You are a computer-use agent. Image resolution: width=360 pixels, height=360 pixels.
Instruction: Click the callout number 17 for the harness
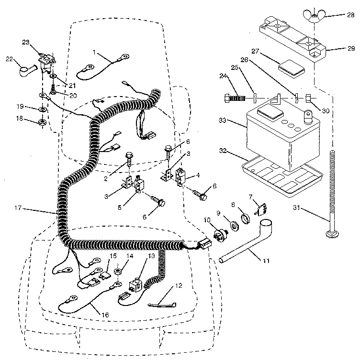click(x=18, y=208)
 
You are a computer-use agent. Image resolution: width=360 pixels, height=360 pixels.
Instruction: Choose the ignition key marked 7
click(x=261, y=209)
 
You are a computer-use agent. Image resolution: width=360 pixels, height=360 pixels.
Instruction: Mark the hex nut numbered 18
click(x=42, y=123)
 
